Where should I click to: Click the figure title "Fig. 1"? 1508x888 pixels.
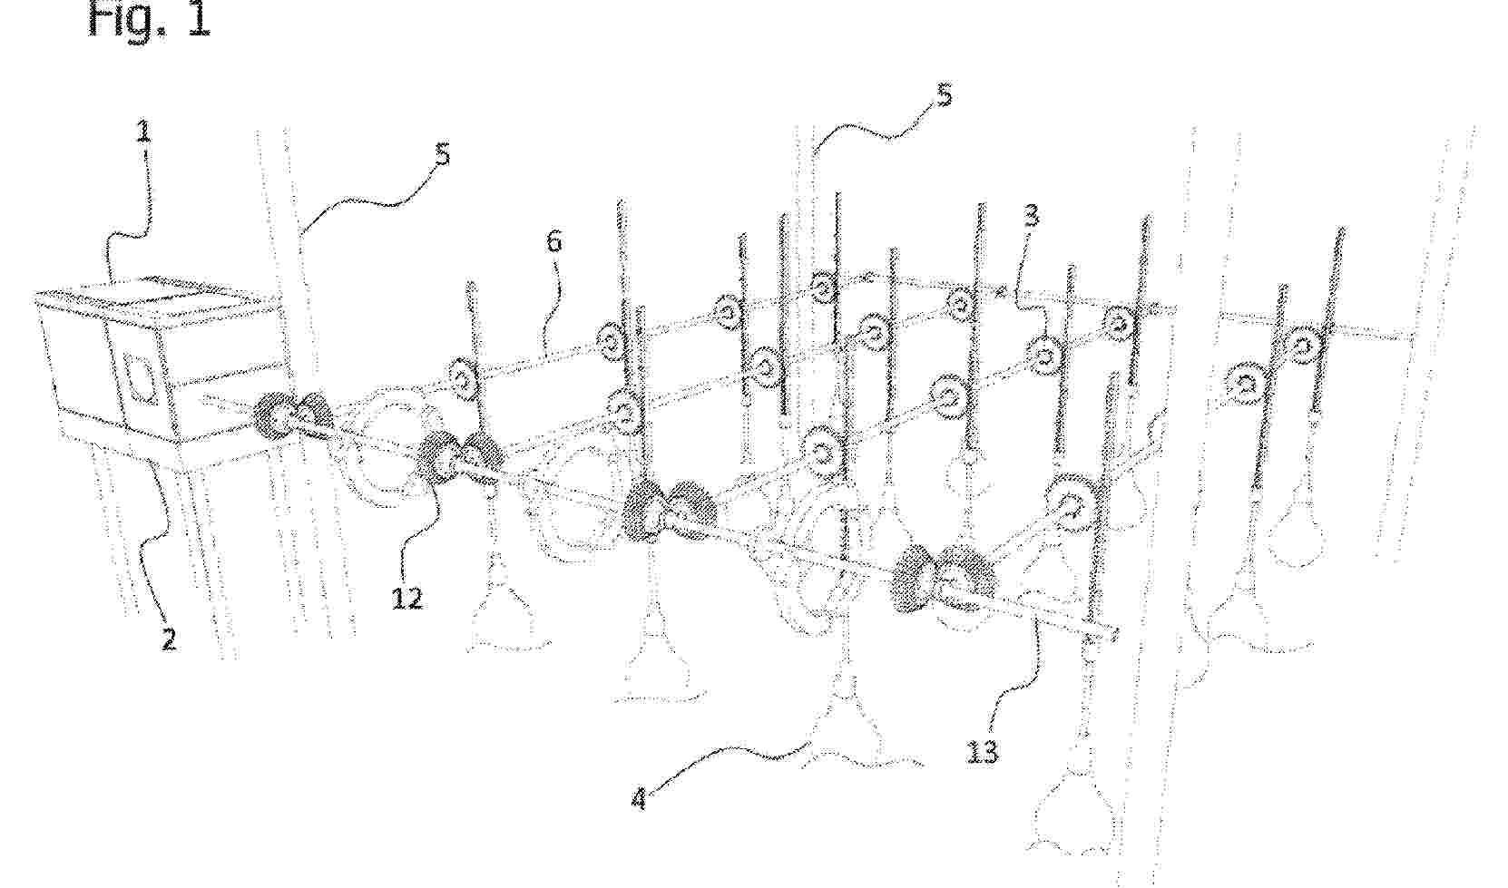click(x=150, y=19)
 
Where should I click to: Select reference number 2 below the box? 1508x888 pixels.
click(x=169, y=639)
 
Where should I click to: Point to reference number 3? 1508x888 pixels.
click(x=1031, y=217)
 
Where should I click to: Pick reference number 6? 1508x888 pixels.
click(x=553, y=241)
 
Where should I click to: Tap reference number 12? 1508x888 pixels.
click(x=406, y=597)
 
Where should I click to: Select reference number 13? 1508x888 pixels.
click(x=981, y=752)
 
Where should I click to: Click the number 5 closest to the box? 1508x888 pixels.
click(x=442, y=155)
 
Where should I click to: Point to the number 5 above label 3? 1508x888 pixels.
click(x=944, y=96)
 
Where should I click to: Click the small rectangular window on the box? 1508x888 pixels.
click(x=140, y=379)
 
